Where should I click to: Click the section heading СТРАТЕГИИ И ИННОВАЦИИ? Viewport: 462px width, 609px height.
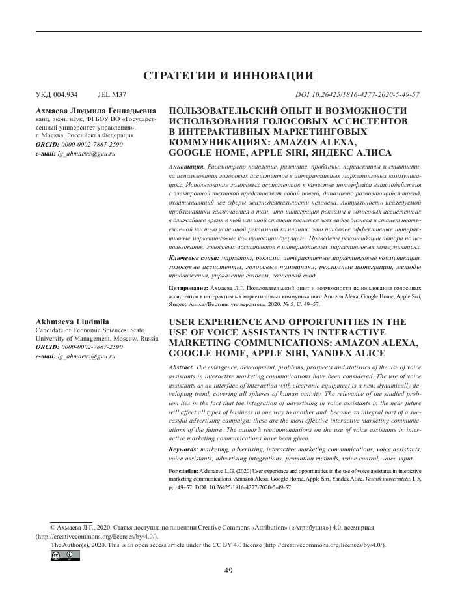coord(231,75)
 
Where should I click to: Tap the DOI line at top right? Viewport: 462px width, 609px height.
coord(357,94)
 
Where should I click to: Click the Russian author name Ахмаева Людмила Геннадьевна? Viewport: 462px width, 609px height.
coord(96,111)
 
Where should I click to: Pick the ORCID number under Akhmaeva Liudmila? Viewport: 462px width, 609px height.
coord(90,347)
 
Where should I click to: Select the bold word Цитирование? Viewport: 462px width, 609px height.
coord(189,287)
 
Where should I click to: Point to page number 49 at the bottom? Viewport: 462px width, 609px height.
coord(228,571)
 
